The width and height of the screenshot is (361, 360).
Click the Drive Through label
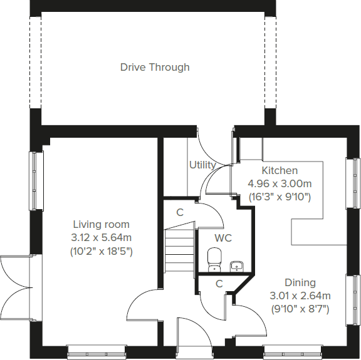pyautogui.click(x=155, y=67)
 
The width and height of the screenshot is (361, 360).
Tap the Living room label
pyautogui.click(x=101, y=224)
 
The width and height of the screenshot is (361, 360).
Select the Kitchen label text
pyautogui.click(x=280, y=170)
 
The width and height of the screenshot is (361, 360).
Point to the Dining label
pyautogui.click(x=300, y=282)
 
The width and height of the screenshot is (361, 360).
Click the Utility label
pyautogui.click(x=202, y=165)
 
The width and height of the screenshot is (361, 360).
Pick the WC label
pyautogui.click(x=224, y=238)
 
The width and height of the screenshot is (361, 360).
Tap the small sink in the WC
pyautogui.click(x=236, y=265)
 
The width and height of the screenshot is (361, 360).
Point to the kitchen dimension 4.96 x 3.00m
pyautogui.click(x=280, y=183)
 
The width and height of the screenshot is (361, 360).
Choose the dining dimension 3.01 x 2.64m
pyautogui.click(x=300, y=296)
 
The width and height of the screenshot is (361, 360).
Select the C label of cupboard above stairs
pyautogui.click(x=179, y=212)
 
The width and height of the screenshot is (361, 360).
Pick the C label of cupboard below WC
pyautogui.click(x=219, y=284)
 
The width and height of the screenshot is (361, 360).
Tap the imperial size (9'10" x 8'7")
pyautogui.click(x=300, y=309)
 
